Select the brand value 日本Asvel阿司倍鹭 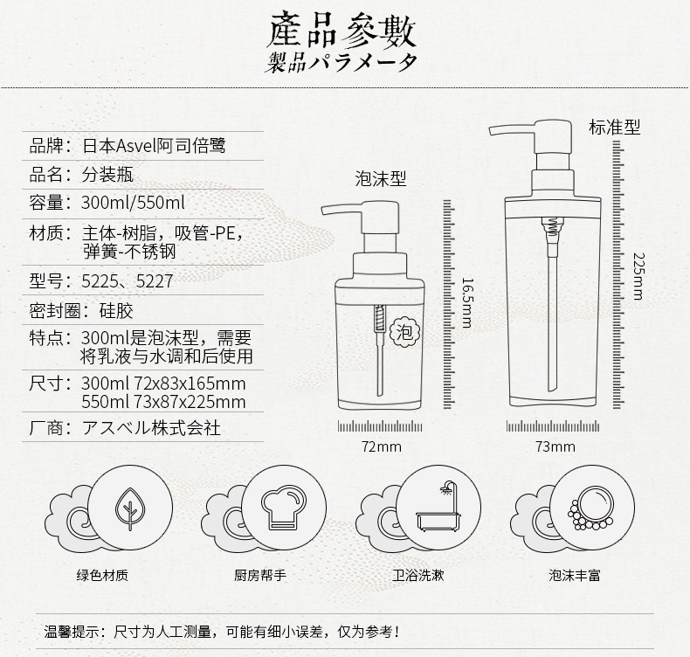tap(154, 145)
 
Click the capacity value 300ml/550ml tap(133, 203)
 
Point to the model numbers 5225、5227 tap(127, 281)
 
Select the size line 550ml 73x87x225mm tap(162, 402)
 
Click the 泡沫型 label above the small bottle tap(381, 179)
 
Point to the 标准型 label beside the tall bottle tap(614, 127)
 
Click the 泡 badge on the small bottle tap(403, 332)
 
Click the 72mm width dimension tap(382, 447)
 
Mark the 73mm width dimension tap(555, 447)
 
